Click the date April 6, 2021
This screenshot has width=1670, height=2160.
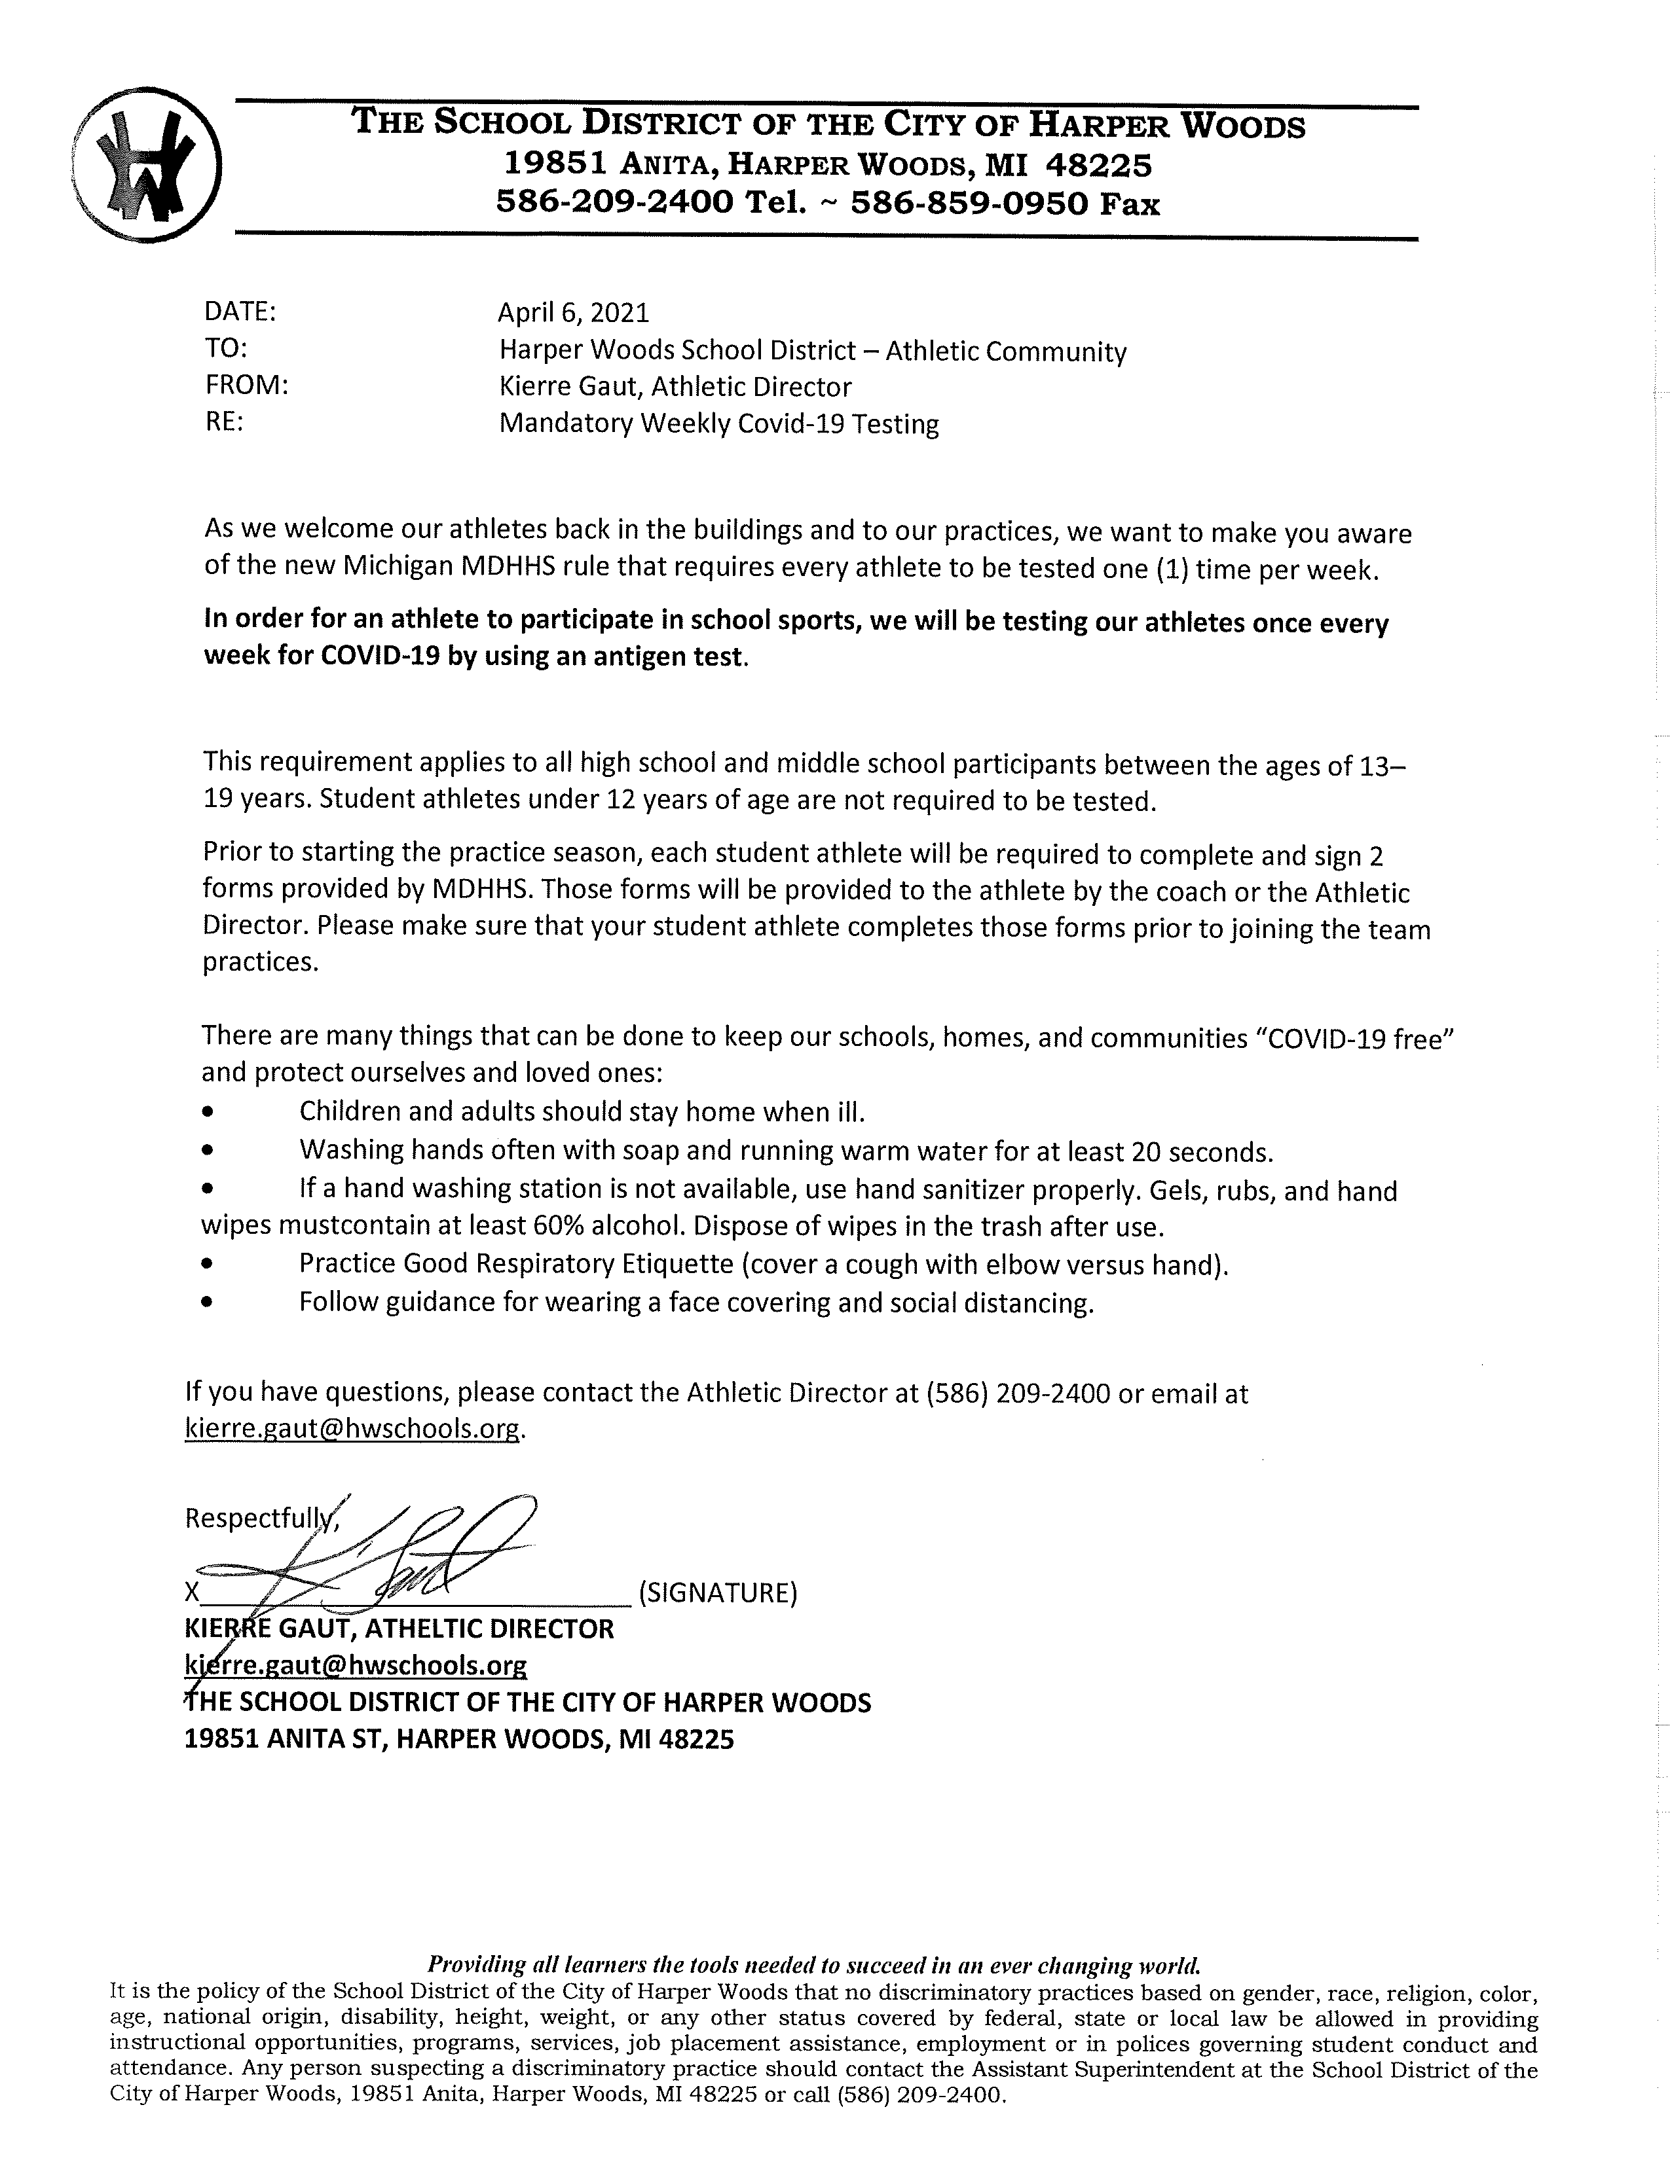[573, 314]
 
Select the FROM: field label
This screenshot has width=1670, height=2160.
[246, 387]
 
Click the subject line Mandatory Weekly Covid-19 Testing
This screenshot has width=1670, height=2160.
[718, 424]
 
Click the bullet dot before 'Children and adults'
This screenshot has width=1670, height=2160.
[207, 1113]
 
